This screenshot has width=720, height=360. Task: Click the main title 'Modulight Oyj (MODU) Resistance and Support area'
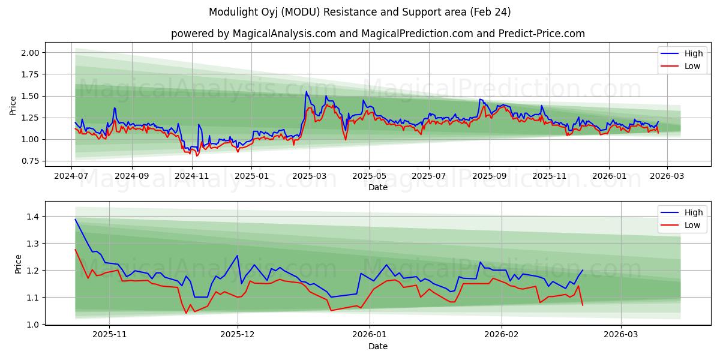[x=360, y=12]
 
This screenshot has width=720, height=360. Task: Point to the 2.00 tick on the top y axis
[x=30, y=53]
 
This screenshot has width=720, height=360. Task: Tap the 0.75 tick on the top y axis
[x=30, y=161]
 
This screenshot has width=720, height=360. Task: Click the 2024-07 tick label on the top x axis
[x=72, y=176]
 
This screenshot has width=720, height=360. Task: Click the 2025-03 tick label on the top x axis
[x=310, y=176]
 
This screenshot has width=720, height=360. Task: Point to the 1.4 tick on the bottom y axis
[x=34, y=217]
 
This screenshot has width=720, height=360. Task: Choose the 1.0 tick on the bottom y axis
[x=34, y=325]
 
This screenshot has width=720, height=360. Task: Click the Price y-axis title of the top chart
[x=13, y=106]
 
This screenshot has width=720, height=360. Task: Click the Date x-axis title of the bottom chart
[x=378, y=346]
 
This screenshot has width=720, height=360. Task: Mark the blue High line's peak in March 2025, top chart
[x=307, y=92]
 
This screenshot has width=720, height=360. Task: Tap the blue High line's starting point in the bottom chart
[x=75, y=219]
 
